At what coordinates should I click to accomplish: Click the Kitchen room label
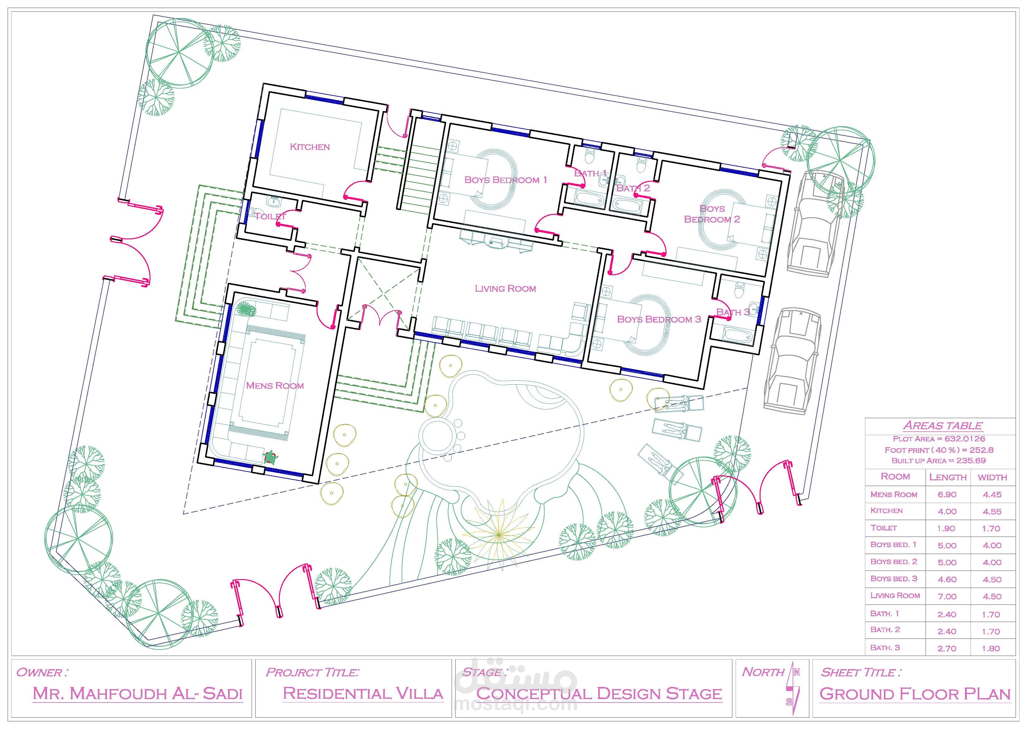(x=310, y=147)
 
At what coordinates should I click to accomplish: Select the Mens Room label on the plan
(x=275, y=386)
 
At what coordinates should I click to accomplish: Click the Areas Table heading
(x=942, y=425)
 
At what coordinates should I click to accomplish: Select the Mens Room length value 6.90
(x=947, y=495)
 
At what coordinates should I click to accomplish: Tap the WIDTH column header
(x=992, y=477)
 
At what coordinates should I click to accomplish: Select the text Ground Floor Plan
(x=915, y=694)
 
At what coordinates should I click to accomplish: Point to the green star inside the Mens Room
(x=270, y=458)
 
